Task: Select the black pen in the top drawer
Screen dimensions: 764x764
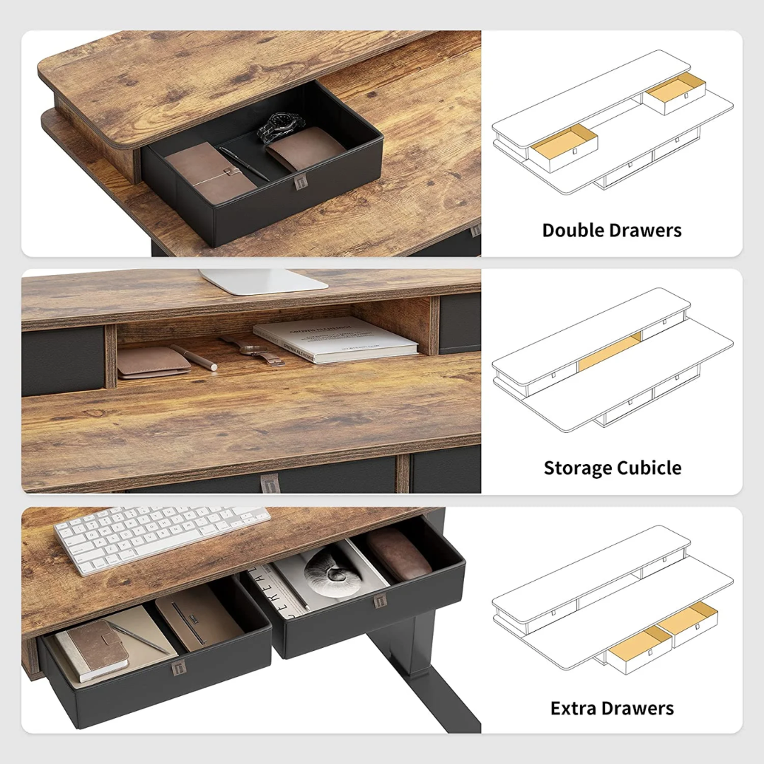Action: [244, 164]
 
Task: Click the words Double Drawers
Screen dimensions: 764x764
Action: [612, 230]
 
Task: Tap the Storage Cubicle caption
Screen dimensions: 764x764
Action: [613, 468]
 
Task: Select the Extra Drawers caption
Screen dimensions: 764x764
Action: [612, 708]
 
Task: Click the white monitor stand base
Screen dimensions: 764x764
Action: [263, 281]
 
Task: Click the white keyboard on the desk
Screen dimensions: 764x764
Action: [161, 538]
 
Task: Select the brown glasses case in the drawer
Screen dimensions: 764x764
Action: [398, 552]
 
